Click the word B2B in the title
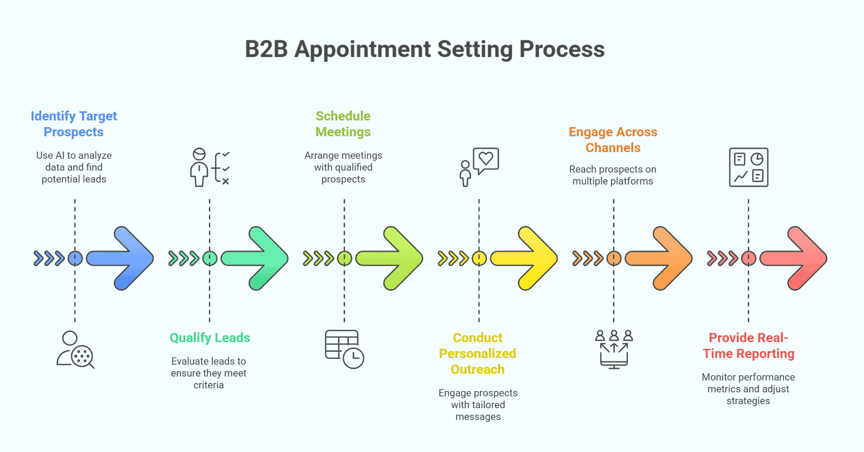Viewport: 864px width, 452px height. pyautogui.click(x=266, y=49)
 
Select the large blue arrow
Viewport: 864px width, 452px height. pyautogui.click(x=122, y=258)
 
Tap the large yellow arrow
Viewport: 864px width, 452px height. pyautogui.click(x=527, y=258)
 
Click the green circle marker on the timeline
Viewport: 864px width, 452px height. pyautogui.click(x=210, y=259)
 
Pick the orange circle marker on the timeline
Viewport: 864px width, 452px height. pyautogui.click(x=614, y=259)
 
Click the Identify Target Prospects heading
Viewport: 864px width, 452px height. pyautogui.click(x=74, y=124)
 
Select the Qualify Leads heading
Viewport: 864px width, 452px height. pyautogui.click(x=210, y=338)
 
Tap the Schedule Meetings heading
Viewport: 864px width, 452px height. pyautogui.click(x=343, y=124)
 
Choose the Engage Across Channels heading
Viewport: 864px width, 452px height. pyautogui.click(x=613, y=140)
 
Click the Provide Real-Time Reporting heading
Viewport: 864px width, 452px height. pyautogui.click(x=748, y=345)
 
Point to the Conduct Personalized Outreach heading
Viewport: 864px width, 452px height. pyautogui.click(x=478, y=354)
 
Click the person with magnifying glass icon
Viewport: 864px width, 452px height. pyautogui.click(x=75, y=350)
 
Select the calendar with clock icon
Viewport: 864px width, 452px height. pyautogui.click(x=344, y=349)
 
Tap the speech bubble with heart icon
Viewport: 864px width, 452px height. pyautogui.click(x=480, y=166)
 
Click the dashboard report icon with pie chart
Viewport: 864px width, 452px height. pyautogui.click(x=748, y=167)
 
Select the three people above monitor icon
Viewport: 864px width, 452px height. pyautogui.click(x=614, y=349)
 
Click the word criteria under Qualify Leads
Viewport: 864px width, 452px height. pyautogui.click(x=208, y=385)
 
